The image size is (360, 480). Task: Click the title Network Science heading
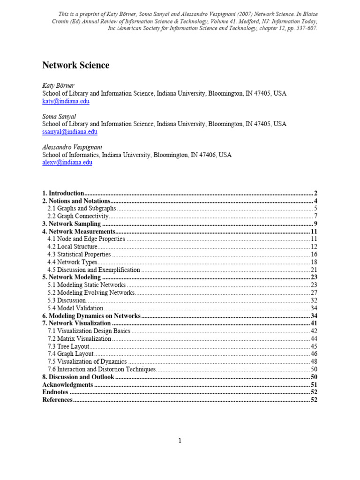pos(76,66)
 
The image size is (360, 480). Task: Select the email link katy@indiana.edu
pos(66,101)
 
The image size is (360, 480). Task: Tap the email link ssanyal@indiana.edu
pos(70,132)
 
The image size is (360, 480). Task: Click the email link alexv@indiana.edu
pos(67,162)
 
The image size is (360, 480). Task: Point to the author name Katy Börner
pos(58,86)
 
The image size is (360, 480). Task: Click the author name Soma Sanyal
pos(59,116)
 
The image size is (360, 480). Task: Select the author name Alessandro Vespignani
pos(73,147)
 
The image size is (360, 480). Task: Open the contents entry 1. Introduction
pos(63,193)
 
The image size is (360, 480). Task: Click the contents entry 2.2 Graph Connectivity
pos(78,216)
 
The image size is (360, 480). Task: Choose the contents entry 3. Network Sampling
pos(71,224)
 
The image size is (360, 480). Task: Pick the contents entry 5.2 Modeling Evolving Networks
pos(91,292)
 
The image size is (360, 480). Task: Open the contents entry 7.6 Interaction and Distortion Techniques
pos(101,369)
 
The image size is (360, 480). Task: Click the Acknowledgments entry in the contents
pos(67,384)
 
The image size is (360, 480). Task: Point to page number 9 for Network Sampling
pos(316,224)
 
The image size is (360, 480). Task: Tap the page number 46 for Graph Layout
pos(314,354)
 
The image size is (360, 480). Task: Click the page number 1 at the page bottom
pos(180,440)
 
